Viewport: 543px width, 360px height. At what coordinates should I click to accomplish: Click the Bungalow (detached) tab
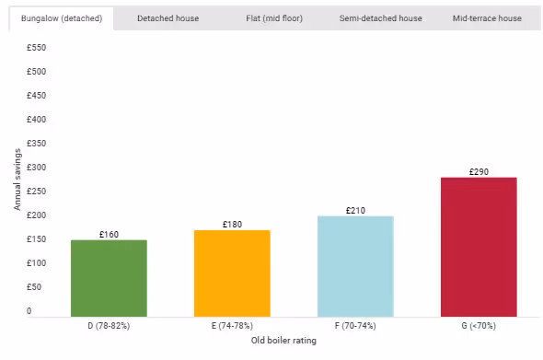coord(61,18)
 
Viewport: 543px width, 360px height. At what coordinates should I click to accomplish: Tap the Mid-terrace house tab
coord(486,18)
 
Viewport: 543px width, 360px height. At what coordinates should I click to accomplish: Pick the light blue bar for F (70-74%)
coord(355,266)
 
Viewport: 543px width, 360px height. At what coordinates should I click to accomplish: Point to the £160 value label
coord(110,234)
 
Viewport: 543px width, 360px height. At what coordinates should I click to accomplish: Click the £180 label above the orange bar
coord(232,225)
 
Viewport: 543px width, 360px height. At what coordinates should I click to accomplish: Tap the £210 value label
coord(355,210)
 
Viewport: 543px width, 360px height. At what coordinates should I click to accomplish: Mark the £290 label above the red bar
coord(479,171)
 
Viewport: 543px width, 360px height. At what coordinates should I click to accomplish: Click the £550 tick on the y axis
coord(36,48)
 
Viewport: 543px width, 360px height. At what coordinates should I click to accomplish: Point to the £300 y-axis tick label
coord(36,168)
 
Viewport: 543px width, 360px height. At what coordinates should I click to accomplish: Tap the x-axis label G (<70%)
coord(479,326)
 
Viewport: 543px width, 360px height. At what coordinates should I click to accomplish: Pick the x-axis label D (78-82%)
coord(110,326)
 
